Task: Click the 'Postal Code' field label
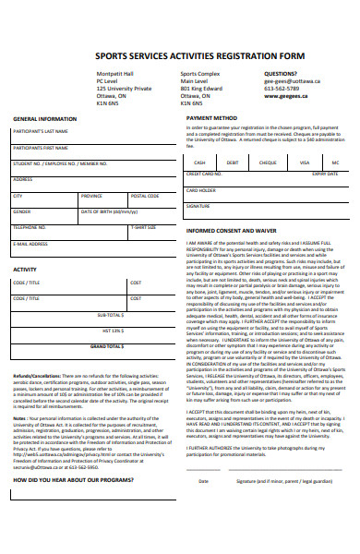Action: [x=145, y=196]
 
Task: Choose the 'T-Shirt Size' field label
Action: [x=143, y=227]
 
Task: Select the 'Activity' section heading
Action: [x=24, y=270]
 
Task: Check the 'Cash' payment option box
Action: [x=200, y=163]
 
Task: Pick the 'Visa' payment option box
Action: [x=303, y=163]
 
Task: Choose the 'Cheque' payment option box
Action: [x=269, y=163]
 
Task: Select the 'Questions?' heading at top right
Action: [x=282, y=73]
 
